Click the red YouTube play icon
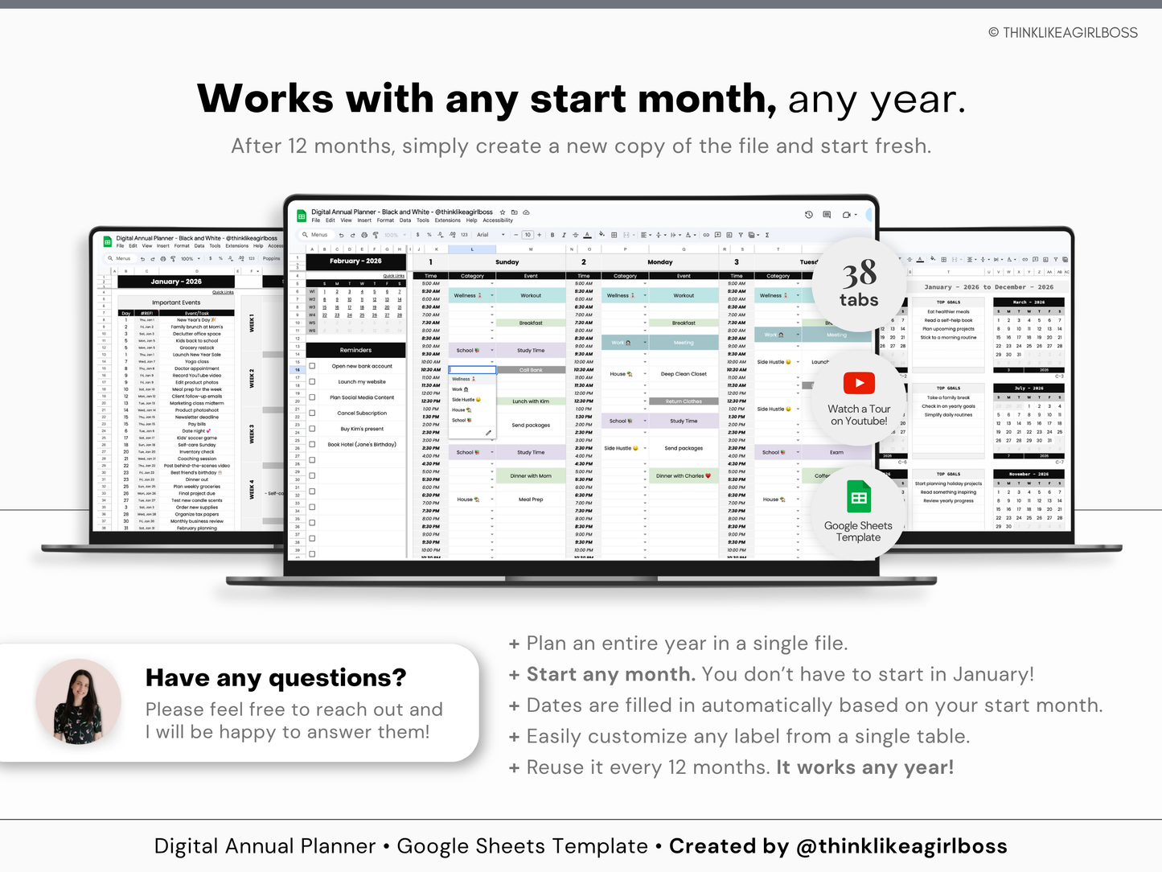coord(859,383)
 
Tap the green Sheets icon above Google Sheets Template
coord(859,498)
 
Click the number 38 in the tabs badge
coord(859,274)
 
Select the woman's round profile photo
coord(78,701)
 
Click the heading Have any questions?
coord(276,678)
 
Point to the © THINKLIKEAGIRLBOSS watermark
coord(1062,33)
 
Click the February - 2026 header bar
coord(355,261)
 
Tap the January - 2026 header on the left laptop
coord(176,282)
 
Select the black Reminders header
coord(355,350)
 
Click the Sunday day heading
coord(507,262)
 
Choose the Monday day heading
coord(659,262)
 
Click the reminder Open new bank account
coord(362,366)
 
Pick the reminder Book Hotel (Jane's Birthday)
coord(362,444)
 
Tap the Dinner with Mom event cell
coord(531,475)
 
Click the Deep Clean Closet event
coord(684,374)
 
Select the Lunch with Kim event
coord(531,401)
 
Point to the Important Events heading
coord(176,302)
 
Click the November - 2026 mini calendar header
coord(1029,475)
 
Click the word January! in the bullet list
coord(993,674)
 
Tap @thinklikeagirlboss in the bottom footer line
coord(901,846)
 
